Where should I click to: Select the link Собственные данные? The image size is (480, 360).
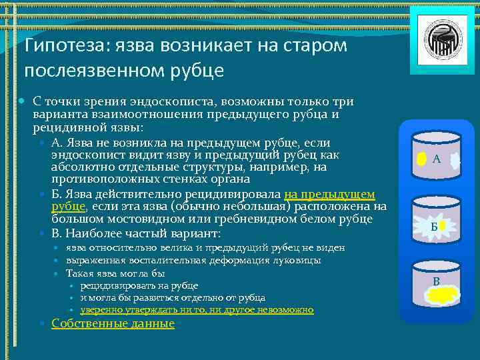tap(113, 323)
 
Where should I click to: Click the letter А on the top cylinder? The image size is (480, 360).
tap(436, 159)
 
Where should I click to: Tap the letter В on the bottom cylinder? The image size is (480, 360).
tap(436, 281)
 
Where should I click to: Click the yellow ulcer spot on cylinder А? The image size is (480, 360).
tap(421, 159)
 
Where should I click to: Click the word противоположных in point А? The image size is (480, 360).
tap(99, 179)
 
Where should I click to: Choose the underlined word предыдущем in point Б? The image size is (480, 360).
tap(329, 194)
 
